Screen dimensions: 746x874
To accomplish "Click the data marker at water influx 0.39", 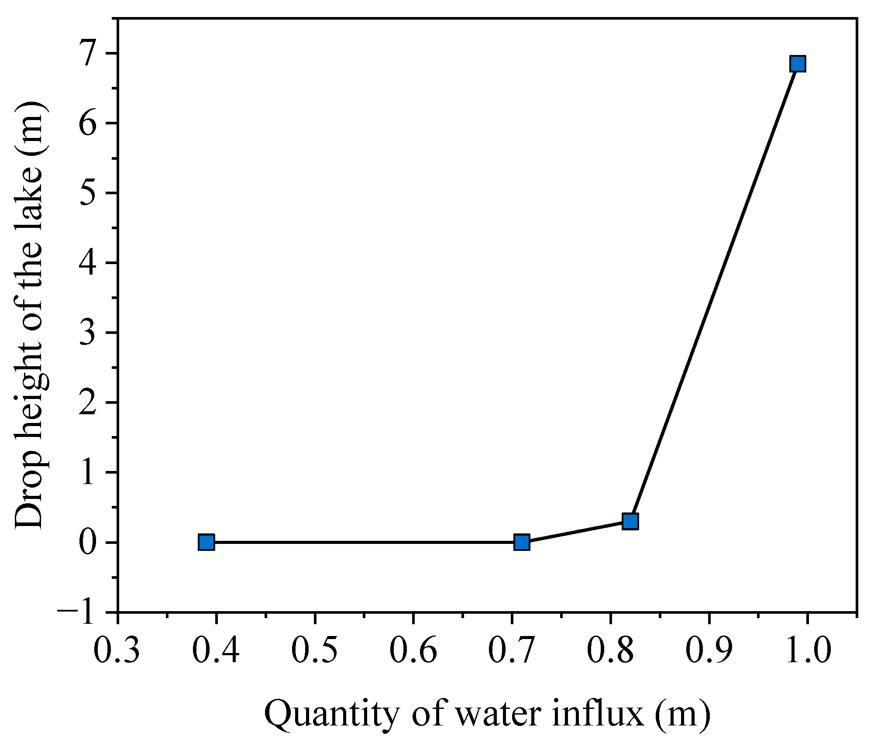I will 206,543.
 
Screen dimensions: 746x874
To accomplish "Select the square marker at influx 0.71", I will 522,543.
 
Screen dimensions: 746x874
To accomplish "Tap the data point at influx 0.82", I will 630,521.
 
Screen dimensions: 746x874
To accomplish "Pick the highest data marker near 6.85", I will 798,64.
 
